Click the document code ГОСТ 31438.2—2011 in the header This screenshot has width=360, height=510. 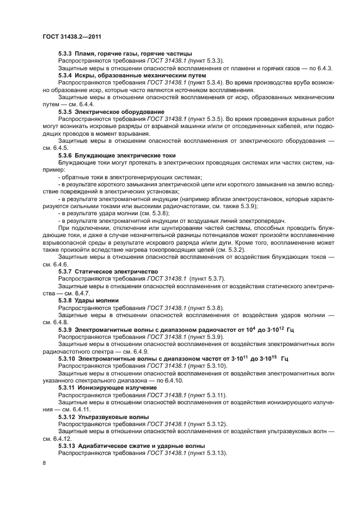click(x=72, y=37)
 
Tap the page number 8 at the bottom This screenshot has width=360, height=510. click(x=45, y=463)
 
